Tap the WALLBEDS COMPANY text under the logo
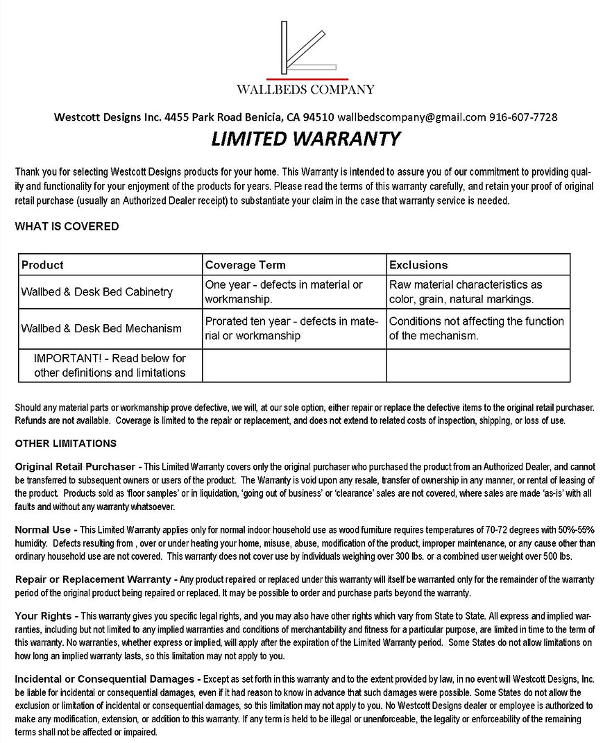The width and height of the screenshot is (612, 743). click(305, 89)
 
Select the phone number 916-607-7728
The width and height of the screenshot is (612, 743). click(523, 117)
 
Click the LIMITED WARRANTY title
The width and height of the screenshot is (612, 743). click(305, 139)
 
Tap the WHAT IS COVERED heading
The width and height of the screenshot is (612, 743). click(67, 226)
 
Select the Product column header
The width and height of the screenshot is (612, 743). click(42, 265)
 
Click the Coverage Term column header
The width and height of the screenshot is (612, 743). click(245, 265)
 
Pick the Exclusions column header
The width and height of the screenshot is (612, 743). click(418, 265)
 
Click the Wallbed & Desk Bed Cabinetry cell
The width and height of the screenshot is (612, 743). click(96, 292)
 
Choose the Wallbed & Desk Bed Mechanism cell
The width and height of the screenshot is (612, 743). click(101, 328)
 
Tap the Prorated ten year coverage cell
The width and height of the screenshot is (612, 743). click(291, 328)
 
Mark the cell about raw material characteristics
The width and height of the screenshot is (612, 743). click(466, 292)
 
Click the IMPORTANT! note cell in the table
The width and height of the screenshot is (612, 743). click(110, 365)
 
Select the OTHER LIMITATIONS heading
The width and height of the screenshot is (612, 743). click(66, 443)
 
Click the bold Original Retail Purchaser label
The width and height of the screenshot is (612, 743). click(78, 466)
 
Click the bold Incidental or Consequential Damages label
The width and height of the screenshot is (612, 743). click(108, 678)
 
